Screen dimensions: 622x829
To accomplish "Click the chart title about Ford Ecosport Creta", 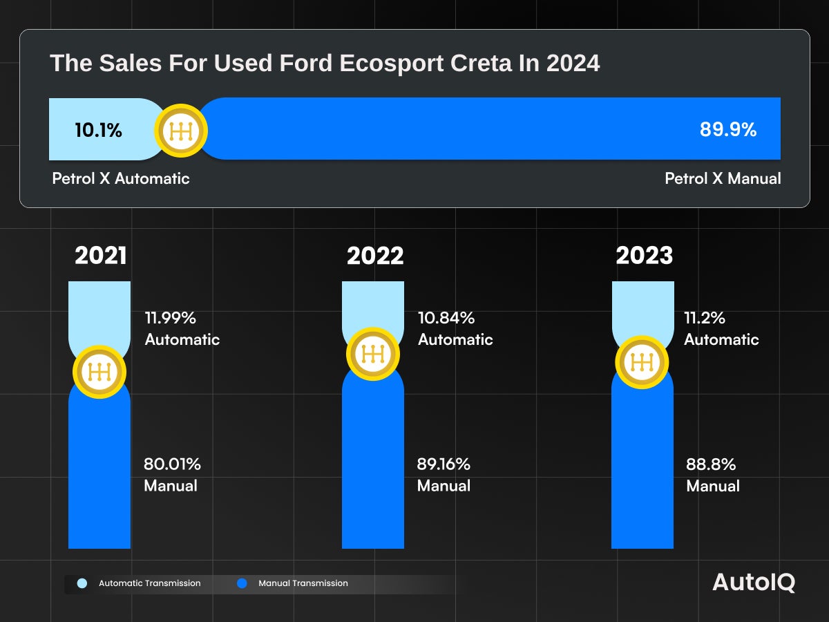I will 325,64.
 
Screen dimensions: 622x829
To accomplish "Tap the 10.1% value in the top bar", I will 98,130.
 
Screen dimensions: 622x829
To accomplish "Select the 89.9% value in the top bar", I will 728,130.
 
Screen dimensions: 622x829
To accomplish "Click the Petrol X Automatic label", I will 121,178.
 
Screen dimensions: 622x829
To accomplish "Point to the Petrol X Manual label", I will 723,178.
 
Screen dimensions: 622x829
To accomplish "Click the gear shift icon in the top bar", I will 180,131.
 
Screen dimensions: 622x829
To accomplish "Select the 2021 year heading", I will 101,256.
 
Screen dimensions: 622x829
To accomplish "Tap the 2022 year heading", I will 375,256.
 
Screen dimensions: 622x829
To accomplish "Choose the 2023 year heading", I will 644,256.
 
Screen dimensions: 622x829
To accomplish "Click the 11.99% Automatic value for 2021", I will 171,318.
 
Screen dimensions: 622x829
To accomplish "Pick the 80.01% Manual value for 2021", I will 172,464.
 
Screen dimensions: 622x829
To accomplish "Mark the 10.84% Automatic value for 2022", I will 446,318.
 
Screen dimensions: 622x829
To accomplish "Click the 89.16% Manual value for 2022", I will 444,464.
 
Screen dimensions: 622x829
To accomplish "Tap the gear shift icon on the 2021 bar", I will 99,372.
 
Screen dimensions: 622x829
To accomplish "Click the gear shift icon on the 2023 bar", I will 642,362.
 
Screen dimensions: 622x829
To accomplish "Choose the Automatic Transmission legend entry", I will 141,583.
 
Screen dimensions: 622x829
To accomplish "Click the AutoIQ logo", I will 754,583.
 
